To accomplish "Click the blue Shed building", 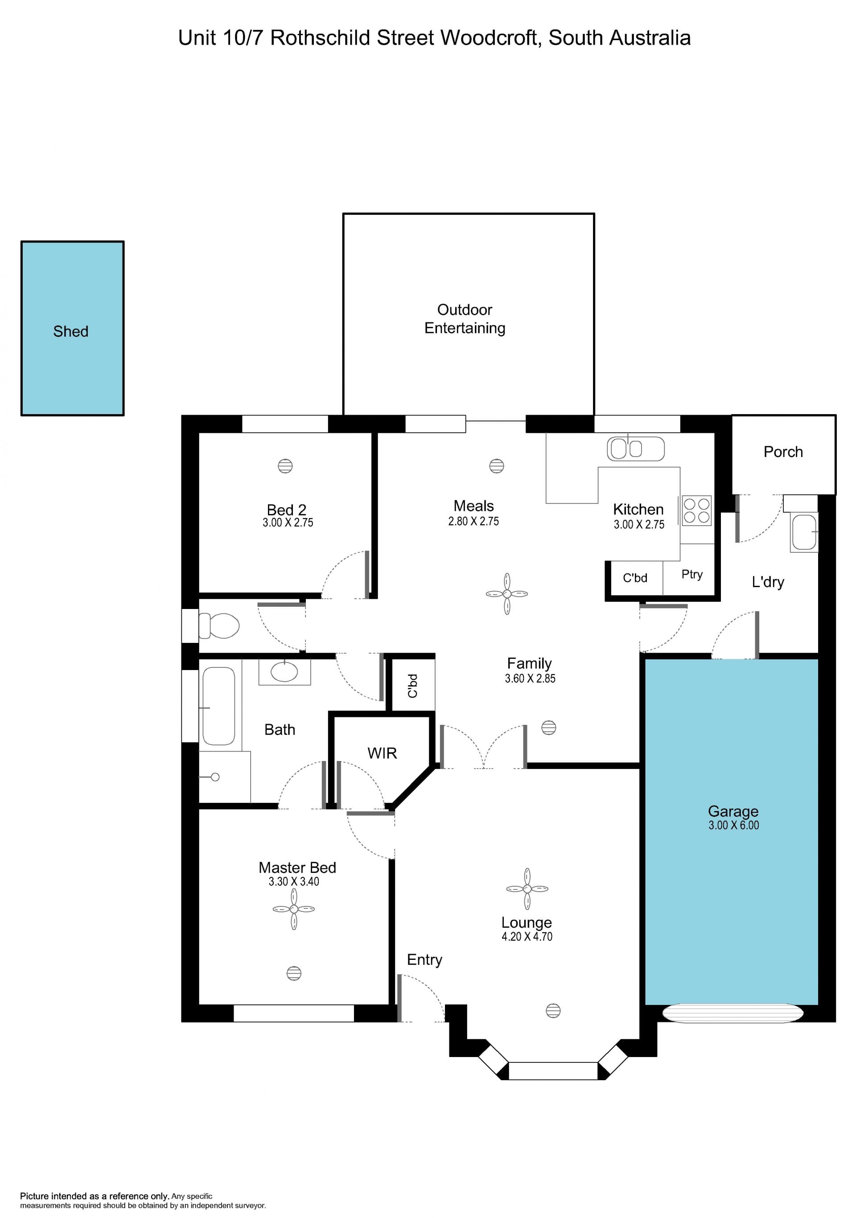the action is [x=73, y=329].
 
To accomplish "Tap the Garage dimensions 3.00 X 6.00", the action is [x=733, y=825].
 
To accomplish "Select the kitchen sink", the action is [x=635, y=449].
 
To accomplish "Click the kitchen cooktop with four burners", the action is [x=696, y=510].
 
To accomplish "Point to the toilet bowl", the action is [x=219, y=625].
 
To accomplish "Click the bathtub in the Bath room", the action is [x=218, y=706].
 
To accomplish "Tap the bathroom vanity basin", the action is [x=284, y=671].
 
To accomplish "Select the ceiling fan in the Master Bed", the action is [x=294, y=909].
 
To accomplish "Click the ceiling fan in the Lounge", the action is [x=527, y=889].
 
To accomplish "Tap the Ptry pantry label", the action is [x=692, y=575].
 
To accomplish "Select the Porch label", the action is [x=783, y=452].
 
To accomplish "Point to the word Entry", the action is [x=424, y=960].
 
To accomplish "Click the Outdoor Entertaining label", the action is [x=465, y=319].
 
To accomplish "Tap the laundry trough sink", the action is [x=804, y=532].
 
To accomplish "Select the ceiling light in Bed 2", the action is [x=285, y=466].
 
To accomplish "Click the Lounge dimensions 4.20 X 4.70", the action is [x=527, y=936].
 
